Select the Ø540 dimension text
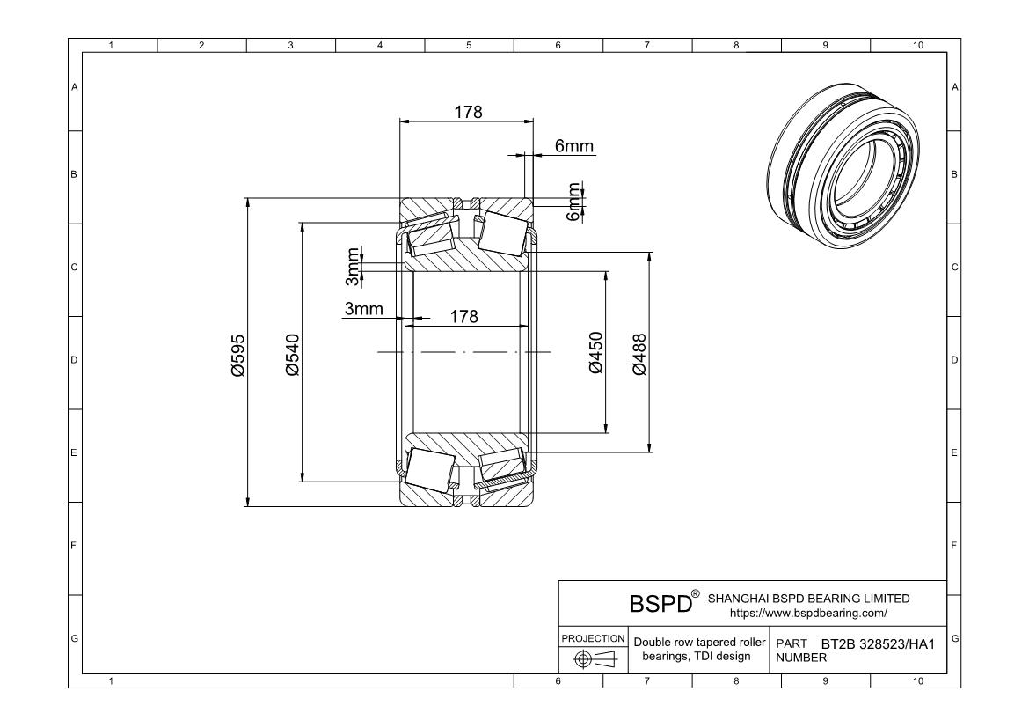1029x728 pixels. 293,355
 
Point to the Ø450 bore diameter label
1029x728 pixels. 596,352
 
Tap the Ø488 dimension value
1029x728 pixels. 639,354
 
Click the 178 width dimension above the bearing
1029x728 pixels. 467,112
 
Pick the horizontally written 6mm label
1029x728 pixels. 573,147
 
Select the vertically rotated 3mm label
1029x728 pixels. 353,267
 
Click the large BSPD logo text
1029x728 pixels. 660,605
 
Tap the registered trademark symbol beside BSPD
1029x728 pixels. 696,594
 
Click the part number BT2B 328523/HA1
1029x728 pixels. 877,644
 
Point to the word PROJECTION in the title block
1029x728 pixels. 593,638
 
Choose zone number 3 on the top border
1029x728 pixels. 290,45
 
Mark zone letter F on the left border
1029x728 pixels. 74,546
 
